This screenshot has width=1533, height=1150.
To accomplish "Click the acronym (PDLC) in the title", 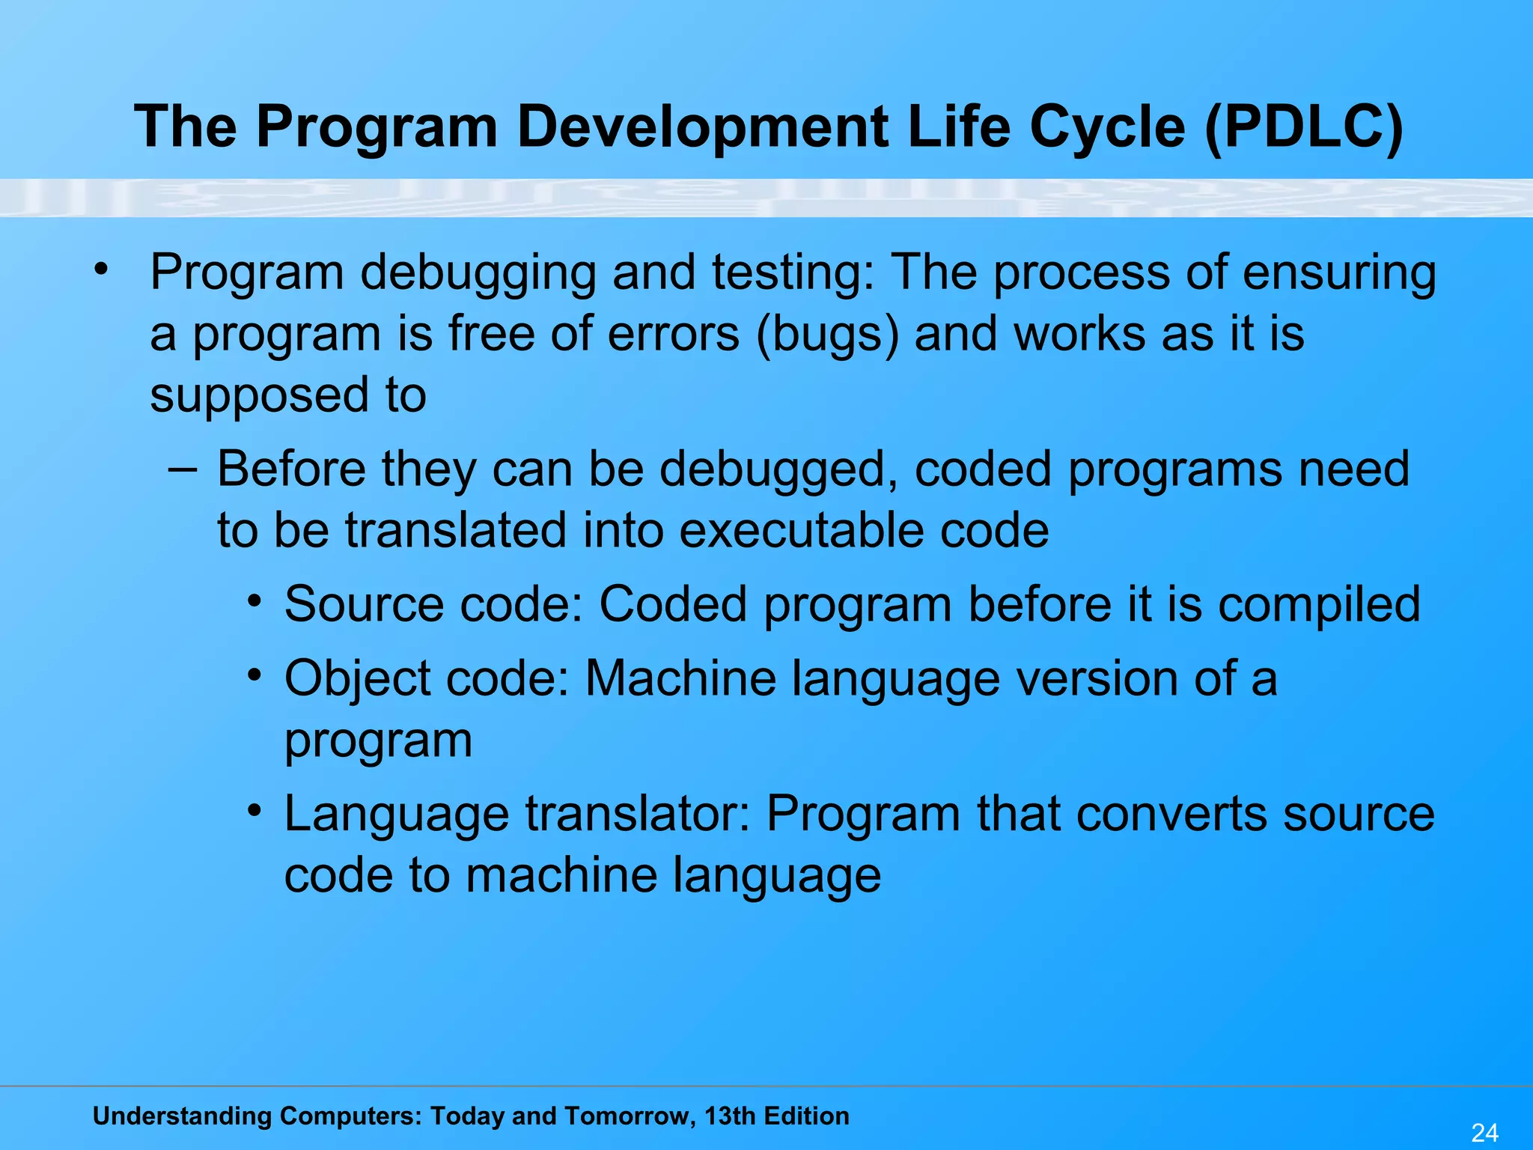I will pos(1304,127).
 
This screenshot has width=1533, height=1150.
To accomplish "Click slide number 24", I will pos(1484,1132).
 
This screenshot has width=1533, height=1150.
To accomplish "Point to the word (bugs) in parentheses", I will pos(827,334).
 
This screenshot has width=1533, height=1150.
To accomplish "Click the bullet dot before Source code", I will pos(255,600).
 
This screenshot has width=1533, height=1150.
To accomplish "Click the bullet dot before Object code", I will pos(255,675).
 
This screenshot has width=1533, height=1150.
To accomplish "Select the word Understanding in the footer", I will pos(180,1116).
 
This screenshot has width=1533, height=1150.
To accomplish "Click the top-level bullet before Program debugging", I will pos(101,268).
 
